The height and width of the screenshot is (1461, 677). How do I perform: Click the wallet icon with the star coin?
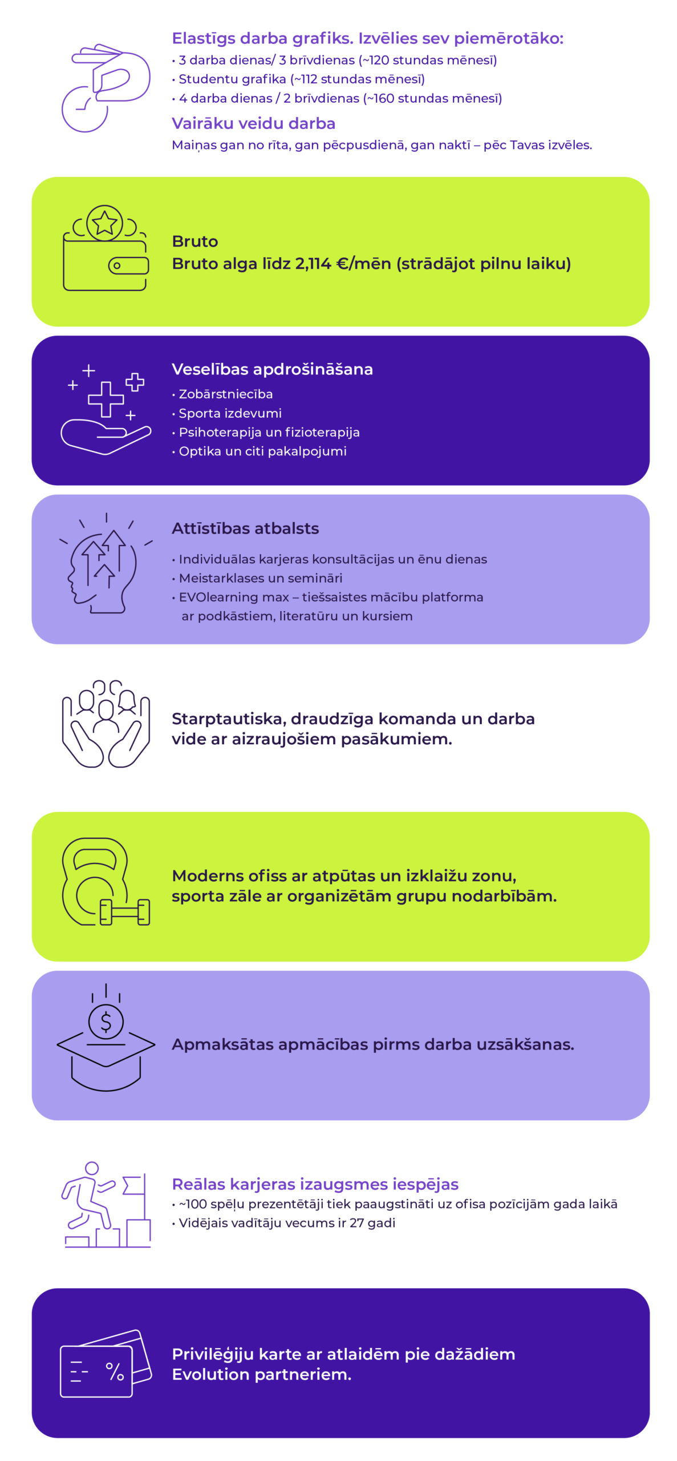pos(106,247)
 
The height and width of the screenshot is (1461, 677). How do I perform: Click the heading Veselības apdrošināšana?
pos(272,369)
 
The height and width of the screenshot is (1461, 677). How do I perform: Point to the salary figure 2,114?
pos(313,263)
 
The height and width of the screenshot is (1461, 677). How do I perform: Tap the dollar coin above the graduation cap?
pos(106,1020)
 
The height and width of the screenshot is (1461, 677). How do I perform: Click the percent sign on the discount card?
pos(115,1371)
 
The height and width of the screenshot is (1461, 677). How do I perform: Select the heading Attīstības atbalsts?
pos(245,528)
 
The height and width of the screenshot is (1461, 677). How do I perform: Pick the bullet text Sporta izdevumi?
pos(230,413)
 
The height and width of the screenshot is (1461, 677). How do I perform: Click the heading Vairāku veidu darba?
pos(253,123)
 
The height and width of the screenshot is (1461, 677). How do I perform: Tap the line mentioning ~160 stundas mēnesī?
pos(340,98)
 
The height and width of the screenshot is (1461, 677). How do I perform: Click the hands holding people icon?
pos(106,723)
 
